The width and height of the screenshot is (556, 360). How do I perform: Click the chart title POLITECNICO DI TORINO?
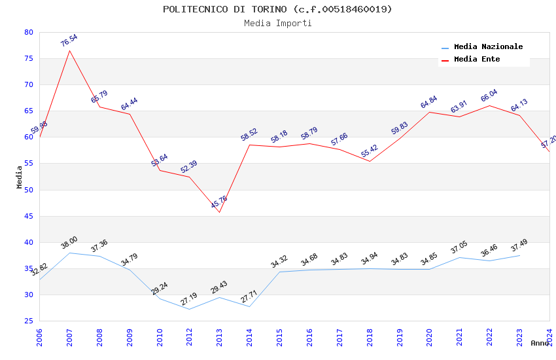(x=277, y=9)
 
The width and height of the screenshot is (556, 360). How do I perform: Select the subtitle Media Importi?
(x=277, y=23)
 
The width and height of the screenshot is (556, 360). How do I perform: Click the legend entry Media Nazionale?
(x=488, y=47)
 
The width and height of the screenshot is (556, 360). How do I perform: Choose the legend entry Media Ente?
(x=477, y=60)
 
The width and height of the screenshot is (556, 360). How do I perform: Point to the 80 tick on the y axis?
(x=27, y=32)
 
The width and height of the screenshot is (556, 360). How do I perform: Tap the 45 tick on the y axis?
(x=27, y=216)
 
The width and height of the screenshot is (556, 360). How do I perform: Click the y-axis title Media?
(x=20, y=177)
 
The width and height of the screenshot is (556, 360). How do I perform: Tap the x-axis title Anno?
(x=540, y=343)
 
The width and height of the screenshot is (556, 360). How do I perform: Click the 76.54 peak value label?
(x=69, y=41)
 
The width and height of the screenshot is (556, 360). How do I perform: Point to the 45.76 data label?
(x=219, y=202)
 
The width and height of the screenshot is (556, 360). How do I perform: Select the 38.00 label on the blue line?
(x=69, y=243)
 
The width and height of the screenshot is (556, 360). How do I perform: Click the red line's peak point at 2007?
(x=69, y=50)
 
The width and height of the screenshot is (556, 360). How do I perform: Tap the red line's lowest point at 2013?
(x=219, y=212)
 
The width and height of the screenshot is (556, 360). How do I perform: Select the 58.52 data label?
(x=249, y=135)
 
